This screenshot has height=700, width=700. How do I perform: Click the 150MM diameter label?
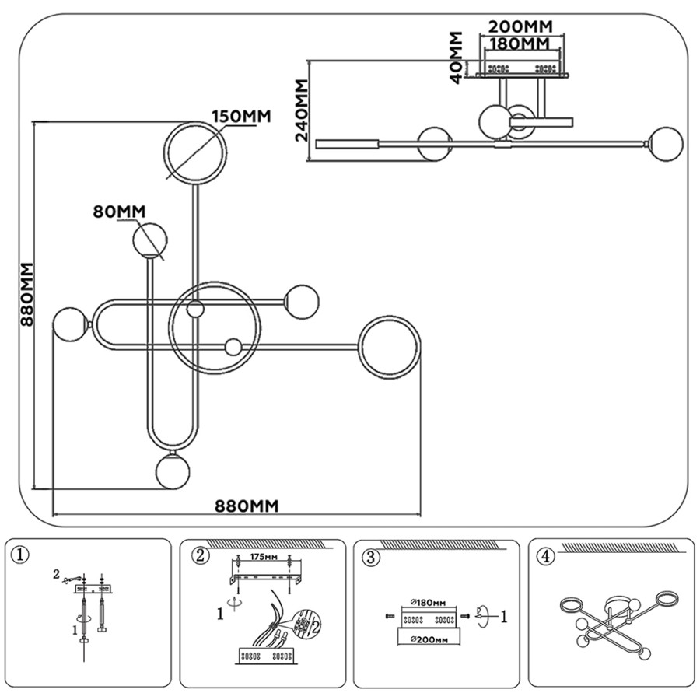click(x=241, y=117)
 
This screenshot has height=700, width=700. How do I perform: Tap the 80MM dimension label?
click(x=119, y=211)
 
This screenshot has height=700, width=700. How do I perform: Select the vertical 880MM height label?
click(x=27, y=294)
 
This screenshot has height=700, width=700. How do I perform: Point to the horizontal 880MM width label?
click(x=247, y=506)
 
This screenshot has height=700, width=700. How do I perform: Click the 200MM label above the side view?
click(x=520, y=26)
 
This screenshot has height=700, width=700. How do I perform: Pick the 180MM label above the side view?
click(x=520, y=44)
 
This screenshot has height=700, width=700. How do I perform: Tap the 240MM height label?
click(x=302, y=110)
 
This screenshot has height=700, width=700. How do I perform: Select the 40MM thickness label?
click(x=456, y=58)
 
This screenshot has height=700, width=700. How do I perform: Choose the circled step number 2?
click(x=200, y=556)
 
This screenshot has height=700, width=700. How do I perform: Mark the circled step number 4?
click(x=546, y=557)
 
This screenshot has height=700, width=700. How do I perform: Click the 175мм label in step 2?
click(x=264, y=557)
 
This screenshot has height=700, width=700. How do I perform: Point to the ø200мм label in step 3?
click(x=429, y=640)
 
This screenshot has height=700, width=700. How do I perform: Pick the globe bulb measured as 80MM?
click(x=150, y=240)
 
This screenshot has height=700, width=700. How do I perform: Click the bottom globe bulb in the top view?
click(x=173, y=471)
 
